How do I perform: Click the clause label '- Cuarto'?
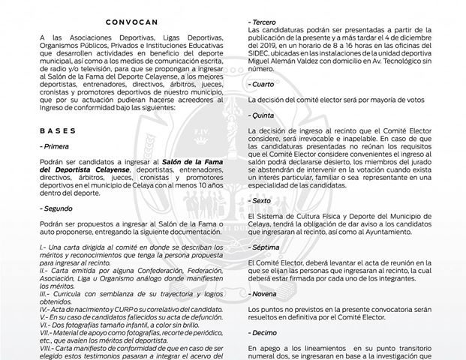click(x=256, y=84)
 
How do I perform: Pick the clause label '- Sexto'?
click(x=254, y=202)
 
